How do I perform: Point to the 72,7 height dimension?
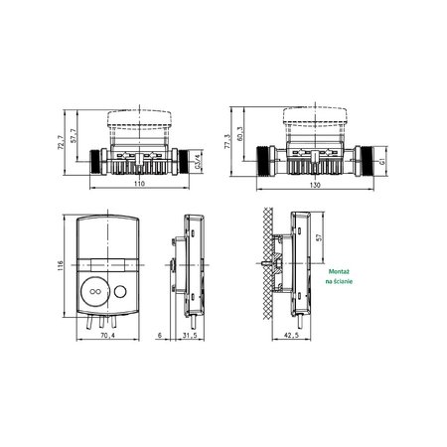tap(62, 144)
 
